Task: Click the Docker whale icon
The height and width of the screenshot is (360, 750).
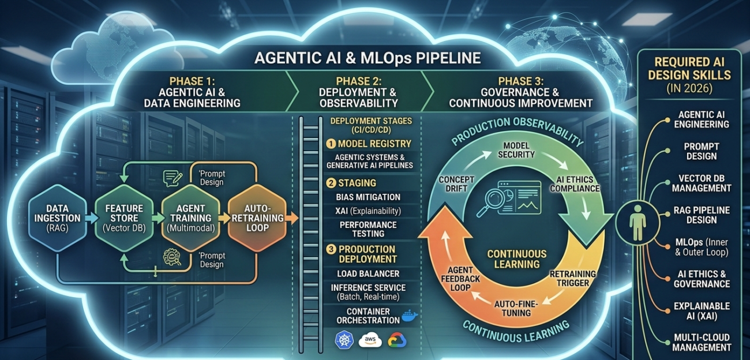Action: pos(409,316)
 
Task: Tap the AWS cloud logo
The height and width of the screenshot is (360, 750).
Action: pos(370,340)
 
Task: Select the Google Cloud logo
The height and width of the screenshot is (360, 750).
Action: pos(396,340)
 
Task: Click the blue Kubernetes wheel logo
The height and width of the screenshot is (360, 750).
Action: pos(344,340)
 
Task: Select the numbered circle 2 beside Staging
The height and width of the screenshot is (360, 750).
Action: pos(331,183)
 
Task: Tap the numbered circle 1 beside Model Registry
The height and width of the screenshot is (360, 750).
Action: pos(331,144)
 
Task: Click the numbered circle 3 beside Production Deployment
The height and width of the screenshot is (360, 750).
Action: pos(331,249)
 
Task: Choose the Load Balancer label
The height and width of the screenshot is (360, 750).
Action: pos(368,273)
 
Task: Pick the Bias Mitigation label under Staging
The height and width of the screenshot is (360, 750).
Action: pos(368,197)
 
